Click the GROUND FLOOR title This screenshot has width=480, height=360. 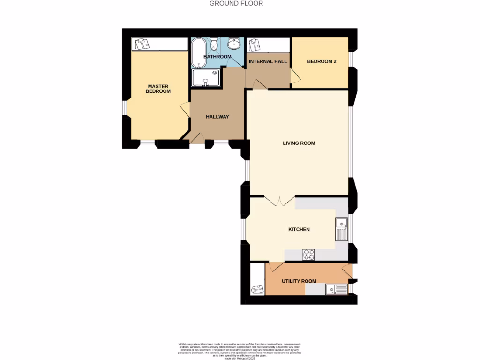click(236, 3)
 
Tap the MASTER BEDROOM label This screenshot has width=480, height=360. click(158, 89)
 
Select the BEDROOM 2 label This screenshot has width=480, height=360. click(322, 61)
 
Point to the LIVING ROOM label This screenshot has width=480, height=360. click(299, 143)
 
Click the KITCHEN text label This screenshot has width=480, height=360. click(299, 229)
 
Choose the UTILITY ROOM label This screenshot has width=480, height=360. click(299, 281)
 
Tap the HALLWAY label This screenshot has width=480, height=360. click(217, 117)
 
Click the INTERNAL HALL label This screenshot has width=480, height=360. click(268, 61)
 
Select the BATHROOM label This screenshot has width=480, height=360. click(217, 57)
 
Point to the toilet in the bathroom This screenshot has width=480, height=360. click(214, 45)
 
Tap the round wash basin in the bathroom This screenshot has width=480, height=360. click(234, 44)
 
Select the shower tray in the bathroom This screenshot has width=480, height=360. click(205, 78)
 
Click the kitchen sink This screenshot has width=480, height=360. click(341, 229)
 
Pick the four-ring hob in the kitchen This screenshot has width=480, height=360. click(309, 254)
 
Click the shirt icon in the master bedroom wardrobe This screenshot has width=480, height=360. click(141, 44)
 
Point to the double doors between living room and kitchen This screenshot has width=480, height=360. click(279, 201)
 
